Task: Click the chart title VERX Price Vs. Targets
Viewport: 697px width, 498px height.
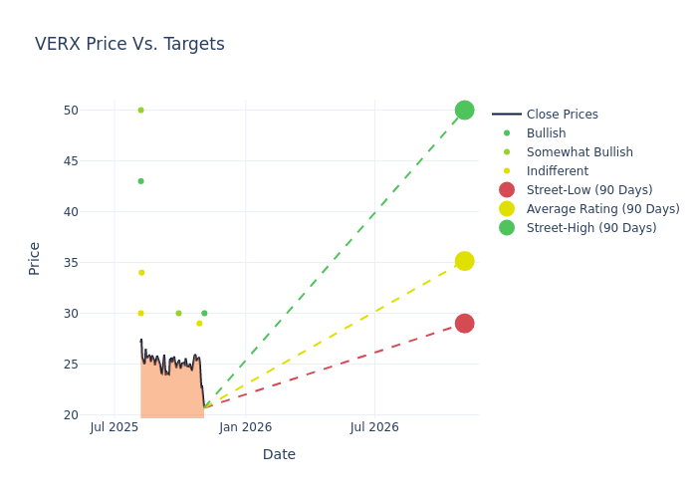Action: [129, 45]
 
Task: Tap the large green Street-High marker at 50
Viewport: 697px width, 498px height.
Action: [464, 110]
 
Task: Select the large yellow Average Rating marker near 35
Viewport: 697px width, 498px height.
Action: [464, 261]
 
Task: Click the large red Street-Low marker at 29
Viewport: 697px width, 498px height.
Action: [464, 324]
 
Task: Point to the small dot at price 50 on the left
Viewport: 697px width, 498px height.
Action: [140, 110]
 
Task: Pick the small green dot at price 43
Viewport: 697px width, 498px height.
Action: [140, 181]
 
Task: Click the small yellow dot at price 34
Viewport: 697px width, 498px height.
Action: [140, 272]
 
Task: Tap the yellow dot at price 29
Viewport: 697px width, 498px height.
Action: [199, 323]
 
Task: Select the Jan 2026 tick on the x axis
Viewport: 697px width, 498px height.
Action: [245, 427]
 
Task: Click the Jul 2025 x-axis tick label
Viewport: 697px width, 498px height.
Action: [115, 427]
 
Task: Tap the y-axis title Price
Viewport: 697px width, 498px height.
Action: [35, 258]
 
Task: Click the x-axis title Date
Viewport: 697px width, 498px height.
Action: [279, 455]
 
